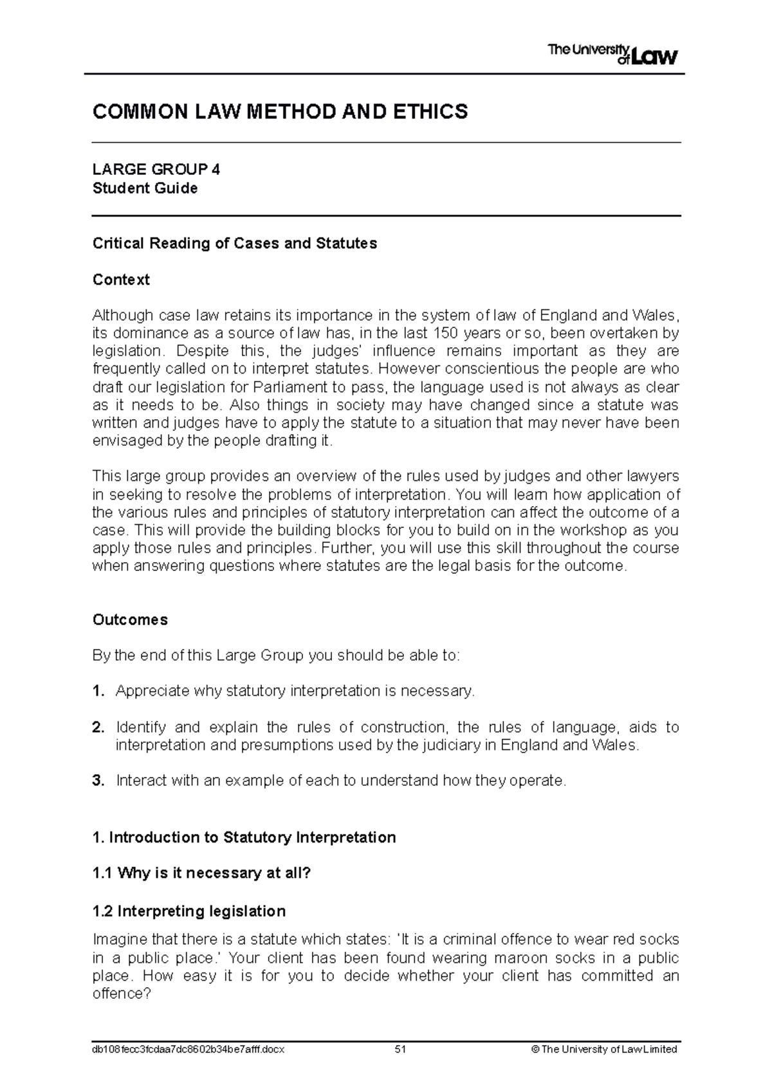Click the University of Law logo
tap(612, 54)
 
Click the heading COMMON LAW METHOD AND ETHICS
tap(280, 112)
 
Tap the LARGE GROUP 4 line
tap(156, 170)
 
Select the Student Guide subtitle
tap(145, 188)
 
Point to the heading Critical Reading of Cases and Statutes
tap(235, 243)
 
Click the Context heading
tap(121, 280)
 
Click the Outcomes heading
tap(130, 619)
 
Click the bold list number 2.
tap(98, 727)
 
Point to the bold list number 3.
tap(98, 781)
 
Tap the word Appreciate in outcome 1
tap(152, 691)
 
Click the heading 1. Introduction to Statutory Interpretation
tap(244, 837)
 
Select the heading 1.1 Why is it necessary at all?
tap(201, 873)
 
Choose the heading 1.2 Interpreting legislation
tap(189, 911)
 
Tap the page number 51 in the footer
tap(400, 1049)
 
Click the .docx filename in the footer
tap(188, 1049)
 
